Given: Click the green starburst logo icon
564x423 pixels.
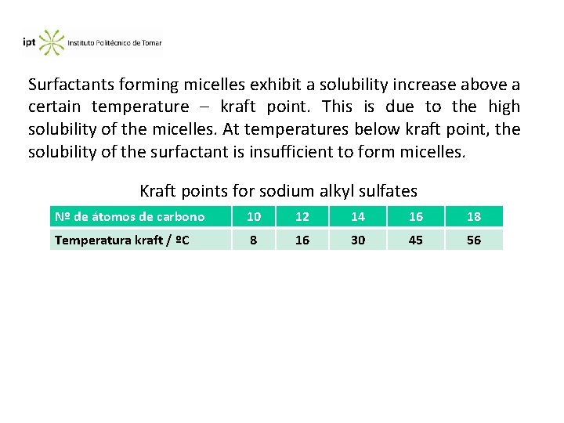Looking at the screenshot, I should (52, 42).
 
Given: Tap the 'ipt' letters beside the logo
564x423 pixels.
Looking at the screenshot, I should (29, 42).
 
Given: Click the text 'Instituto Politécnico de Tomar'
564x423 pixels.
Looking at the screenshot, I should (114, 43).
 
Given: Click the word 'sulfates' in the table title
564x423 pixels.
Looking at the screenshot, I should (386, 190).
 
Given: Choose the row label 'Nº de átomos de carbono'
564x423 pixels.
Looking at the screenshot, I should (129, 216).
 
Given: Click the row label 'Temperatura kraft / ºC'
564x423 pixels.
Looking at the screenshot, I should (122, 240).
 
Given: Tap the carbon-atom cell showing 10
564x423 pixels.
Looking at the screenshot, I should (254, 216).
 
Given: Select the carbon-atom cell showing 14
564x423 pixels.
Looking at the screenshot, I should (358, 216).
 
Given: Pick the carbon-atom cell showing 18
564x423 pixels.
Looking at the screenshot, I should (474, 216).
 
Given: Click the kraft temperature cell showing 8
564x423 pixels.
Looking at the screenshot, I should (254, 240).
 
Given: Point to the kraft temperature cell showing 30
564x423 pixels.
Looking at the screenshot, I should (358, 240).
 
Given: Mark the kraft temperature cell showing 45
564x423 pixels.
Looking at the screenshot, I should (416, 240).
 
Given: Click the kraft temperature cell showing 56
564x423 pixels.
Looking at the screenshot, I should (474, 240).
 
